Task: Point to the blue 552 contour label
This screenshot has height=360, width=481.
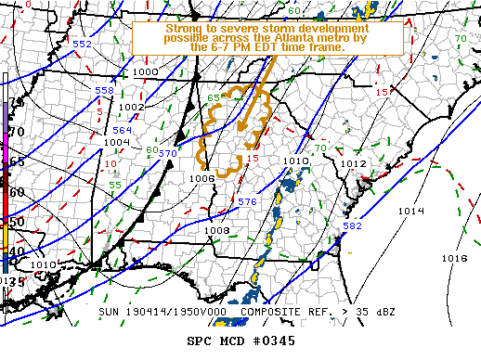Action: click(x=82, y=44)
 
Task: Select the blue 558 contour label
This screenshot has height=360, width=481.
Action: click(x=104, y=90)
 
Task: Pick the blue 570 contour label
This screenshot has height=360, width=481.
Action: click(x=167, y=152)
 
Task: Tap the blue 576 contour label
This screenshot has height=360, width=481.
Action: click(x=246, y=201)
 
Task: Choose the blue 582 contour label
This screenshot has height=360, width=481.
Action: click(x=353, y=225)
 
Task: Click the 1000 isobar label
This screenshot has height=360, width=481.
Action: click(x=145, y=71)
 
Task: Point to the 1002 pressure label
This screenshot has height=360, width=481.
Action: click(x=131, y=107)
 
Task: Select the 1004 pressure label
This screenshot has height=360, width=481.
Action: click(x=115, y=142)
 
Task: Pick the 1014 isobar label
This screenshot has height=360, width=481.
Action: click(x=410, y=211)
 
